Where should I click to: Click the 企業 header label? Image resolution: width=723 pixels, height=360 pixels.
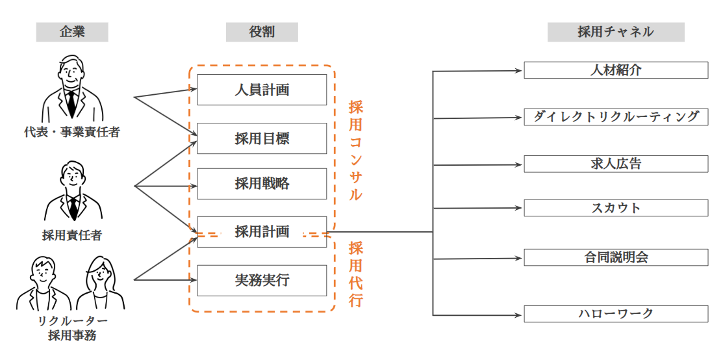(x=72, y=32)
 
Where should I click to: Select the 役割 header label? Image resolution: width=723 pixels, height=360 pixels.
(x=262, y=32)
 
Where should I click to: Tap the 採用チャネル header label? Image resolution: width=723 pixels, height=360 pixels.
(x=615, y=32)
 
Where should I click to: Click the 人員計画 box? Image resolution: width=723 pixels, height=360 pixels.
(x=262, y=90)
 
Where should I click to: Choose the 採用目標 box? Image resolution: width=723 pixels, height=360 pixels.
(x=262, y=138)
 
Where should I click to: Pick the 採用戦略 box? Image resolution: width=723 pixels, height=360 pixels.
(x=262, y=184)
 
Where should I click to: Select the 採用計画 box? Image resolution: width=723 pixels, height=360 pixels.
(x=262, y=231)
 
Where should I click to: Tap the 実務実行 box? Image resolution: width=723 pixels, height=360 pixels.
(x=262, y=280)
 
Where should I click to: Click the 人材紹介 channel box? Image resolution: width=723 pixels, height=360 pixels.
(x=615, y=70)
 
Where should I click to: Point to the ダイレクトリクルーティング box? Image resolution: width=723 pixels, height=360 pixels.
(x=615, y=117)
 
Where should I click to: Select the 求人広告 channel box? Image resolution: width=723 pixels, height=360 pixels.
(x=615, y=164)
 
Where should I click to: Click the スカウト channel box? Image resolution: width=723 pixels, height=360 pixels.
(x=615, y=208)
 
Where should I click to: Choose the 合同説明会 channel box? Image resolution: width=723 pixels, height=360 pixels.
(x=615, y=257)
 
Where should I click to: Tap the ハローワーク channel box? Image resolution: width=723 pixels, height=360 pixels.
(x=615, y=314)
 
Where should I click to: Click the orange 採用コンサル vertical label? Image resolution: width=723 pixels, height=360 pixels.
(x=355, y=150)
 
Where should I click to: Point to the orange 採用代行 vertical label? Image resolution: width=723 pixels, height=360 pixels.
(x=355, y=274)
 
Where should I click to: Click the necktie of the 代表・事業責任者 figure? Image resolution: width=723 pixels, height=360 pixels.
(x=71, y=101)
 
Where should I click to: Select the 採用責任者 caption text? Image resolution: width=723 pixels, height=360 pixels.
(x=72, y=236)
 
